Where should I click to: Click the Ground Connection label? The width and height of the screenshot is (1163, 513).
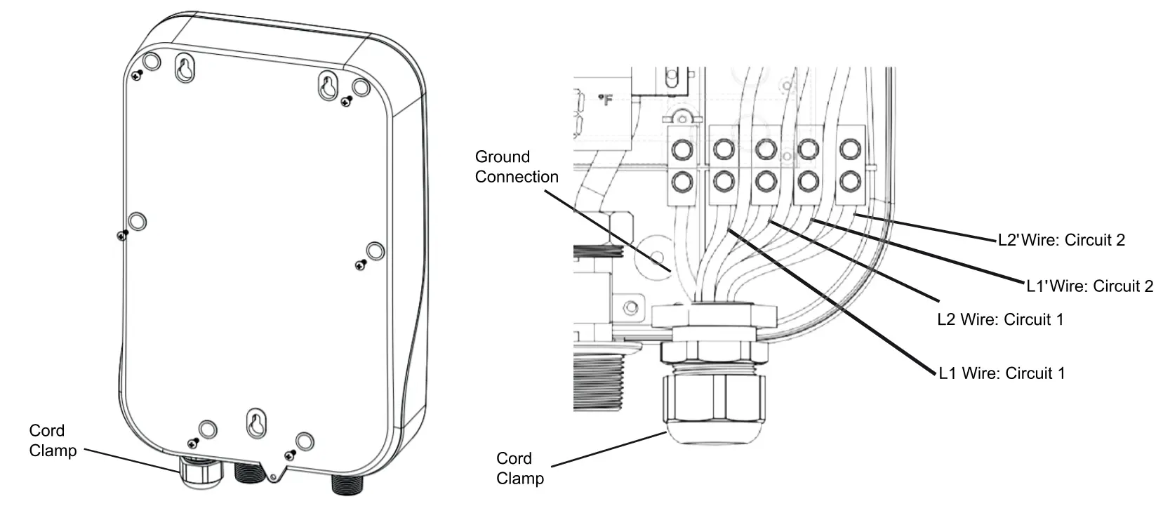516,167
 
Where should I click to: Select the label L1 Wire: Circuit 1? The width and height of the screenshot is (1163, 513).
1002,373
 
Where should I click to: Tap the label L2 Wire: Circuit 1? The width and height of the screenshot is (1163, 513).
1000,320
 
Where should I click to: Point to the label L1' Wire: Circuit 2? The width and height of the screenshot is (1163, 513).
1089,286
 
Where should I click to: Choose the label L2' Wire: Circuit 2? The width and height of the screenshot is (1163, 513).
1061,241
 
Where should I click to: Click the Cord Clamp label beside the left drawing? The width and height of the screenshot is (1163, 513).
52,441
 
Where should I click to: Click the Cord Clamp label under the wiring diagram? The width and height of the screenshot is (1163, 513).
519,468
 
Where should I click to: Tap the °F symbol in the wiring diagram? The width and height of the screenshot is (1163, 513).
605,101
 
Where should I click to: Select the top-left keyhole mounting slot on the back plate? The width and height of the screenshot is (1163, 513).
184,69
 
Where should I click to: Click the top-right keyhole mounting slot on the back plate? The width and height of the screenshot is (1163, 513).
328,86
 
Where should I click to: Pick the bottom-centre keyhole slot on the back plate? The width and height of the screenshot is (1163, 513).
254,425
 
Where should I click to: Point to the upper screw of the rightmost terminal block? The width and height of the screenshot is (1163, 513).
849,148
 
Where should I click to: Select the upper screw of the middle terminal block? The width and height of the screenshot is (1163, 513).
765,148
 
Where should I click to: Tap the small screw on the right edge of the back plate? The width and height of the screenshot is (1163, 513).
361,265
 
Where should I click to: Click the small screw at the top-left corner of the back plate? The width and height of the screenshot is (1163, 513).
139,74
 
